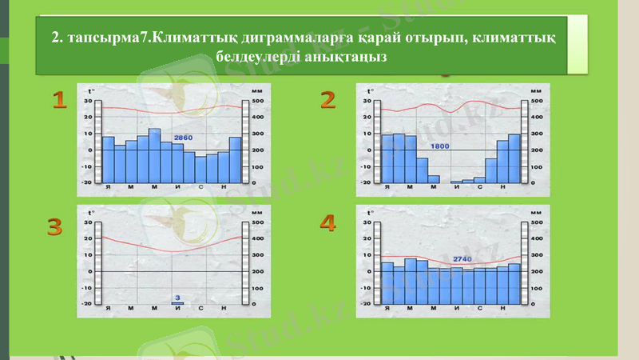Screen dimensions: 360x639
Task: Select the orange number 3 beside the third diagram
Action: click(54, 228)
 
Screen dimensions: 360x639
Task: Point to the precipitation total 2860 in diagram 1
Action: click(183, 138)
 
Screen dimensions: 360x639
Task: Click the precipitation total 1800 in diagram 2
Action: click(439, 147)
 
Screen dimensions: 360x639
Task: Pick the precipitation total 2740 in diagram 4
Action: click(462, 258)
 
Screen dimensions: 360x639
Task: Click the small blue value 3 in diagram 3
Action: click(177, 297)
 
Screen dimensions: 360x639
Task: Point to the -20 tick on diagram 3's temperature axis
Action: click(85, 304)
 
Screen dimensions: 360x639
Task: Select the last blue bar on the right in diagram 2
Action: click(514, 158)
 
